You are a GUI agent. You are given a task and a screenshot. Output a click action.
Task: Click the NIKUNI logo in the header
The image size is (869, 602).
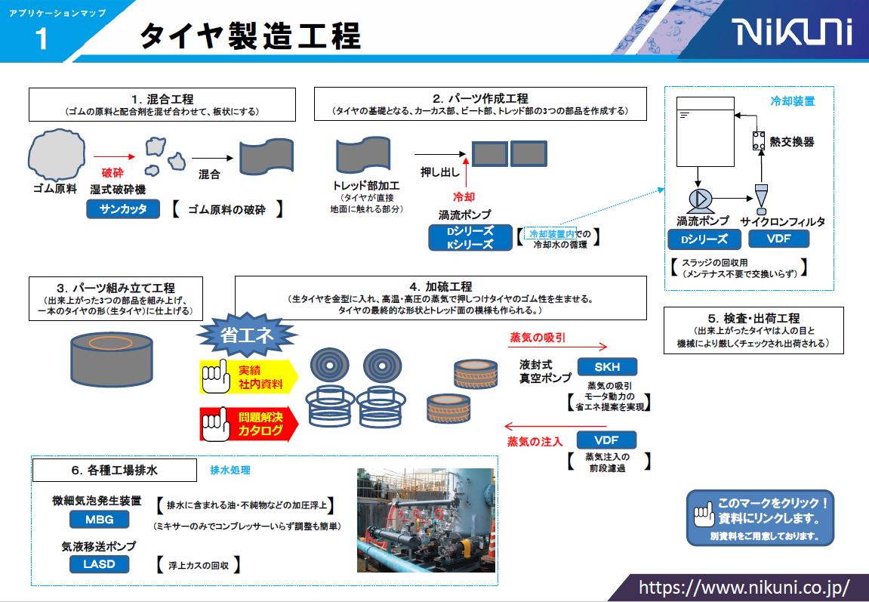click(x=792, y=32)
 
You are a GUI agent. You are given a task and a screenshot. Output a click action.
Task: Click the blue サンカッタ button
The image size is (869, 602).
click(x=123, y=209)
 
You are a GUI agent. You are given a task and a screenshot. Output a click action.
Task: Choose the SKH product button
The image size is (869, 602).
click(x=606, y=367)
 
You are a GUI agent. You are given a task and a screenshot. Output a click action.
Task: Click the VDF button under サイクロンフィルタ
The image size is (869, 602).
click(x=778, y=239)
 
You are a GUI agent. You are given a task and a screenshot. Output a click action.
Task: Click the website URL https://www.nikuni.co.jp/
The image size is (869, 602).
click(x=744, y=587)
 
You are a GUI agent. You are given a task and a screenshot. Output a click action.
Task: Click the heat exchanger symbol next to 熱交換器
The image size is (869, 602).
click(x=758, y=141)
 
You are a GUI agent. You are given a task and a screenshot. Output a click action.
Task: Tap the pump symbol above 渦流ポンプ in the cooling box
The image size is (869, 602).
click(x=698, y=199)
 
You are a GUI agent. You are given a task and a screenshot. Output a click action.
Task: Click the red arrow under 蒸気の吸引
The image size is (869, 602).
click(x=558, y=347)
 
